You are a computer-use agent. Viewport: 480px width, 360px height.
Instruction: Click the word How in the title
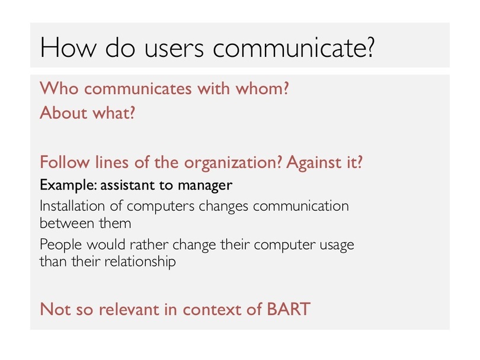tap(68, 47)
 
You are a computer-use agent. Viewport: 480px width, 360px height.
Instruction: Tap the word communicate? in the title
tap(293, 48)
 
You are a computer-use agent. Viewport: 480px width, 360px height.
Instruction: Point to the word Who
tap(59, 88)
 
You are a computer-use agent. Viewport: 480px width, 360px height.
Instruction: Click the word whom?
tap(262, 88)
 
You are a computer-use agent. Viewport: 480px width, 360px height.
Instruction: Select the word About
tap(63, 112)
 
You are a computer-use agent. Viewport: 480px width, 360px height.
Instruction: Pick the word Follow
tap(65, 162)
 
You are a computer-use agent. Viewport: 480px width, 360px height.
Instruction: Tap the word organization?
tap(233, 162)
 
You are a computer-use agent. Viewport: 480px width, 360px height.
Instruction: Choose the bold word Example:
tap(68, 185)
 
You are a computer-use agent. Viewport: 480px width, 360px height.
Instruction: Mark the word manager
tap(205, 186)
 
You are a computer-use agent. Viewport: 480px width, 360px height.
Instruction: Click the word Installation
tap(72, 205)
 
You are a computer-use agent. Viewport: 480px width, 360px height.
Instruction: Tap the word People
tap(61, 245)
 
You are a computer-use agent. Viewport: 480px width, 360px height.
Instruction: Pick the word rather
tap(149, 245)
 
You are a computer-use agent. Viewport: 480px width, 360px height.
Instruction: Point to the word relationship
tap(140, 262)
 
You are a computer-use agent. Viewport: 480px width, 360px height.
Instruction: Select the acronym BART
tap(289, 309)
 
